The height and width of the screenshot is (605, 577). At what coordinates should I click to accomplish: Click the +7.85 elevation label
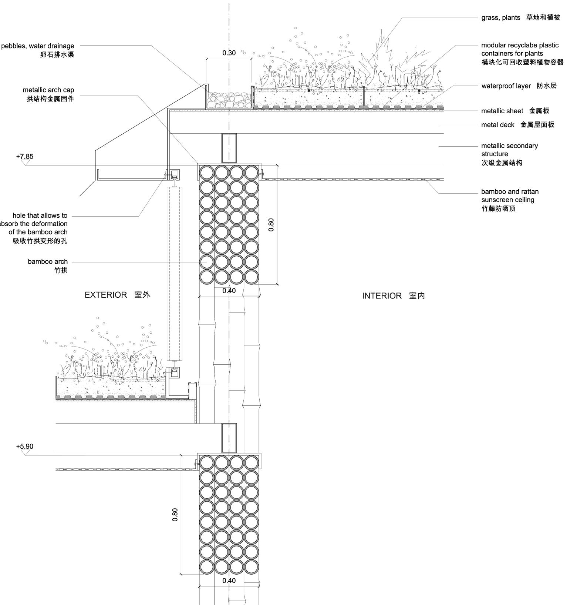pos(25,156)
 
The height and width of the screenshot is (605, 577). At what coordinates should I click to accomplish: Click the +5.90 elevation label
pos(25,446)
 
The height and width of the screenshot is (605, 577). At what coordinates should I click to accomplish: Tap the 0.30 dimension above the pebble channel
pos(229,53)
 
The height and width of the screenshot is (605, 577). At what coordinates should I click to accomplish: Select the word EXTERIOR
pos(106,295)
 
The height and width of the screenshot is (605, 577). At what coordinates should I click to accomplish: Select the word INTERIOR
pos(382,295)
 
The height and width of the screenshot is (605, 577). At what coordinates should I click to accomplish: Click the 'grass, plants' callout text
pos(500,17)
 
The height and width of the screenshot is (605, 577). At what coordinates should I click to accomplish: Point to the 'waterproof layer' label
pos(506,86)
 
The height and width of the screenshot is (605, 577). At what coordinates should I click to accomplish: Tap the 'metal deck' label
pos(497,125)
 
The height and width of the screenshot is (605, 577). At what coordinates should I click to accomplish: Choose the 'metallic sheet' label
pos(502,111)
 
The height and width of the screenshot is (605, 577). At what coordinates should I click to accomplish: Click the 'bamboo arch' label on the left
pos(48,261)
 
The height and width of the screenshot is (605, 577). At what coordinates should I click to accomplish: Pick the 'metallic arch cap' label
pos(48,90)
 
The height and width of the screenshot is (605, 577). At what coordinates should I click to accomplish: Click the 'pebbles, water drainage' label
pos(38,46)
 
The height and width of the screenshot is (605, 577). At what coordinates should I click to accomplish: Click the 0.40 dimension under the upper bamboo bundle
pos(229,291)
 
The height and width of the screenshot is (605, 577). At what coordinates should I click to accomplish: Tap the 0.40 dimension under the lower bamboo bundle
pos(229,581)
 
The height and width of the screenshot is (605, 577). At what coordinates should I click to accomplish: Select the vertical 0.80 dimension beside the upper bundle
pos(271,225)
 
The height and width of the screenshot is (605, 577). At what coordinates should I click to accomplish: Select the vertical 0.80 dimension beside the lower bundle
pos(175,515)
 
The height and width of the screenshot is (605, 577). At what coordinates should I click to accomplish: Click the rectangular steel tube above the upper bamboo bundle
pos(229,148)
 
